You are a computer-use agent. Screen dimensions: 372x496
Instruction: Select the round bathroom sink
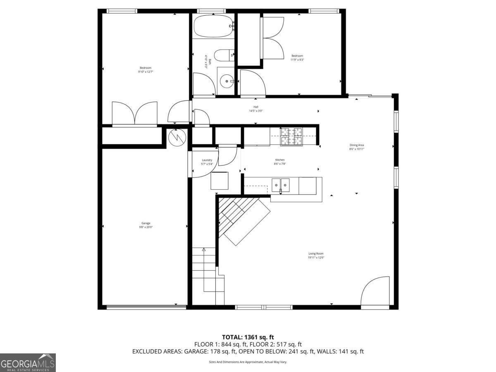coord(227,82)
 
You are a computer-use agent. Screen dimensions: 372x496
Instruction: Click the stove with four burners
coord(291,137)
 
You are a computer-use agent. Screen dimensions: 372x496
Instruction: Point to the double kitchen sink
coord(281,185)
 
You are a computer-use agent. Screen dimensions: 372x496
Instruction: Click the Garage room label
coord(145,223)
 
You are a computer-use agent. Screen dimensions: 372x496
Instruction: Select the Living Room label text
coord(316,253)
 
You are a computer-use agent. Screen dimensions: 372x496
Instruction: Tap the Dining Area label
coord(357,145)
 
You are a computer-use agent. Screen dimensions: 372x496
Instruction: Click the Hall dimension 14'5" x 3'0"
coord(256,111)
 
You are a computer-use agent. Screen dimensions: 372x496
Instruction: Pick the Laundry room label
coord(207,160)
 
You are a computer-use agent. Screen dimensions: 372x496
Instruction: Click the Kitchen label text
coord(280,160)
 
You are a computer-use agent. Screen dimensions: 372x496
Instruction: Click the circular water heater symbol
coord(176,137)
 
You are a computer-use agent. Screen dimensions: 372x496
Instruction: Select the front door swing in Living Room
coord(375,292)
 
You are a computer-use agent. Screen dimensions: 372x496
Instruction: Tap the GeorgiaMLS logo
coord(28,362)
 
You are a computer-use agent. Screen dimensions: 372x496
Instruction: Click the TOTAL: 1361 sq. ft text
coord(248,337)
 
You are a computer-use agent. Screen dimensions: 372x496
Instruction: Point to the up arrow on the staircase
coord(203,250)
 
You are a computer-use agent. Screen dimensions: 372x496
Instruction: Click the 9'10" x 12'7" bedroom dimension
coord(145,72)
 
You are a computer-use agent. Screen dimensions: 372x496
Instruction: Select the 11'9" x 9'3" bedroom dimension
coord(297,60)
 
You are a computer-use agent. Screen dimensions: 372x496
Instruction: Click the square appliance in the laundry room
coord(219,181)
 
